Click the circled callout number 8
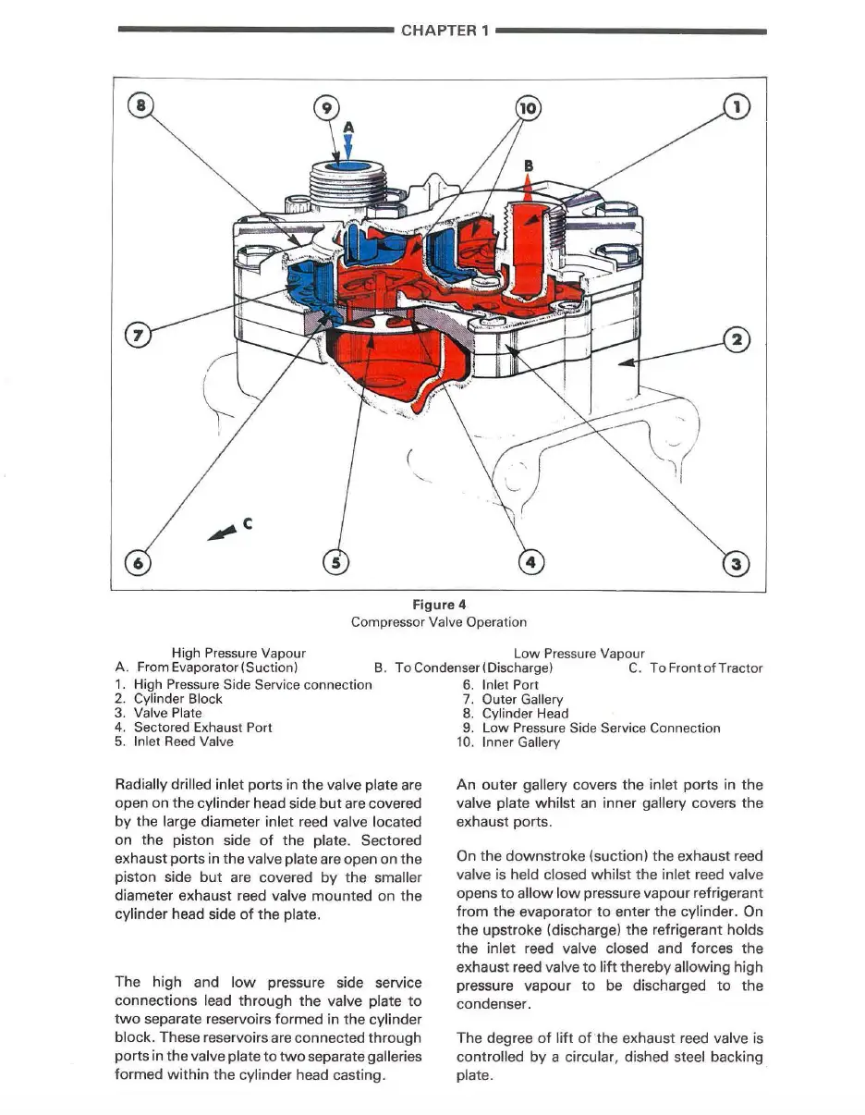click(x=140, y=105)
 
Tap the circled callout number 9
click(x=324, y=107)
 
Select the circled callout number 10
click(x=527, y=107)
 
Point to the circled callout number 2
click(x=737, y=339)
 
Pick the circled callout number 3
click(x=737, y=563)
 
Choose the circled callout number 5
click(x=336, y=561)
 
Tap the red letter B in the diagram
click(x=529, y=166)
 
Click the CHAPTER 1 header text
click(x=444, y=30)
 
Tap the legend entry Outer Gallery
click(x=522, y=700)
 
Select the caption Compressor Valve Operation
click(x=439, y=622)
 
